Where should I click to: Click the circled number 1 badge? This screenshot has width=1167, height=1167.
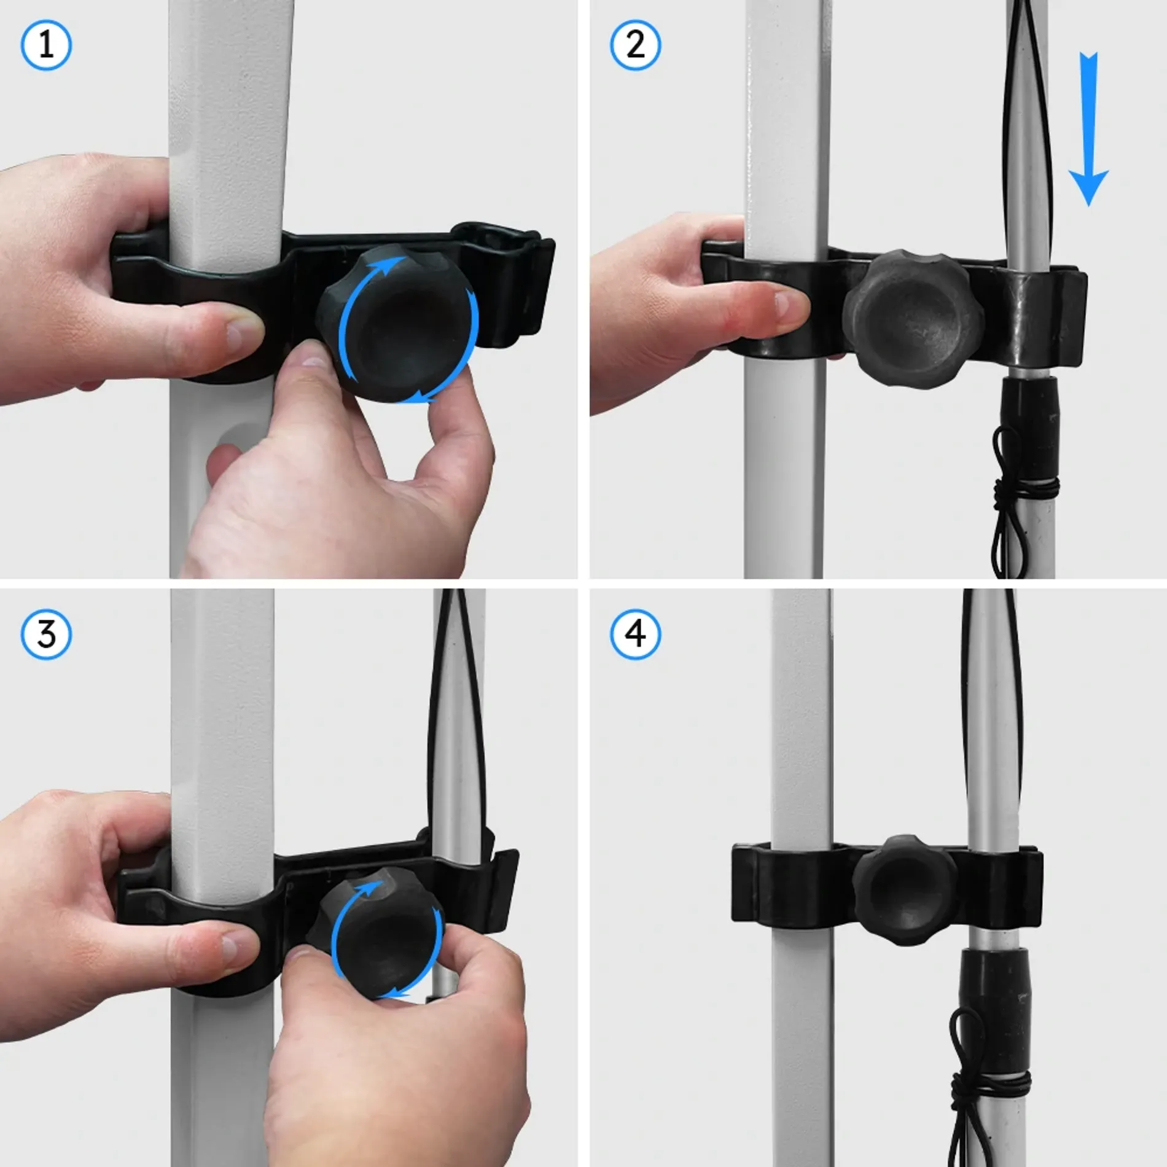46,45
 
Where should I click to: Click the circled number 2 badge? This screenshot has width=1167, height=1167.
635,45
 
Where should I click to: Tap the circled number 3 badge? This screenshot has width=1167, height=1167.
46,634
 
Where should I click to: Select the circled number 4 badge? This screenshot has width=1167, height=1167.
635,634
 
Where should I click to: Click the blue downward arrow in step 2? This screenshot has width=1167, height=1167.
1088,129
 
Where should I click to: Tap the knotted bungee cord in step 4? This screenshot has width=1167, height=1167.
983,1099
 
